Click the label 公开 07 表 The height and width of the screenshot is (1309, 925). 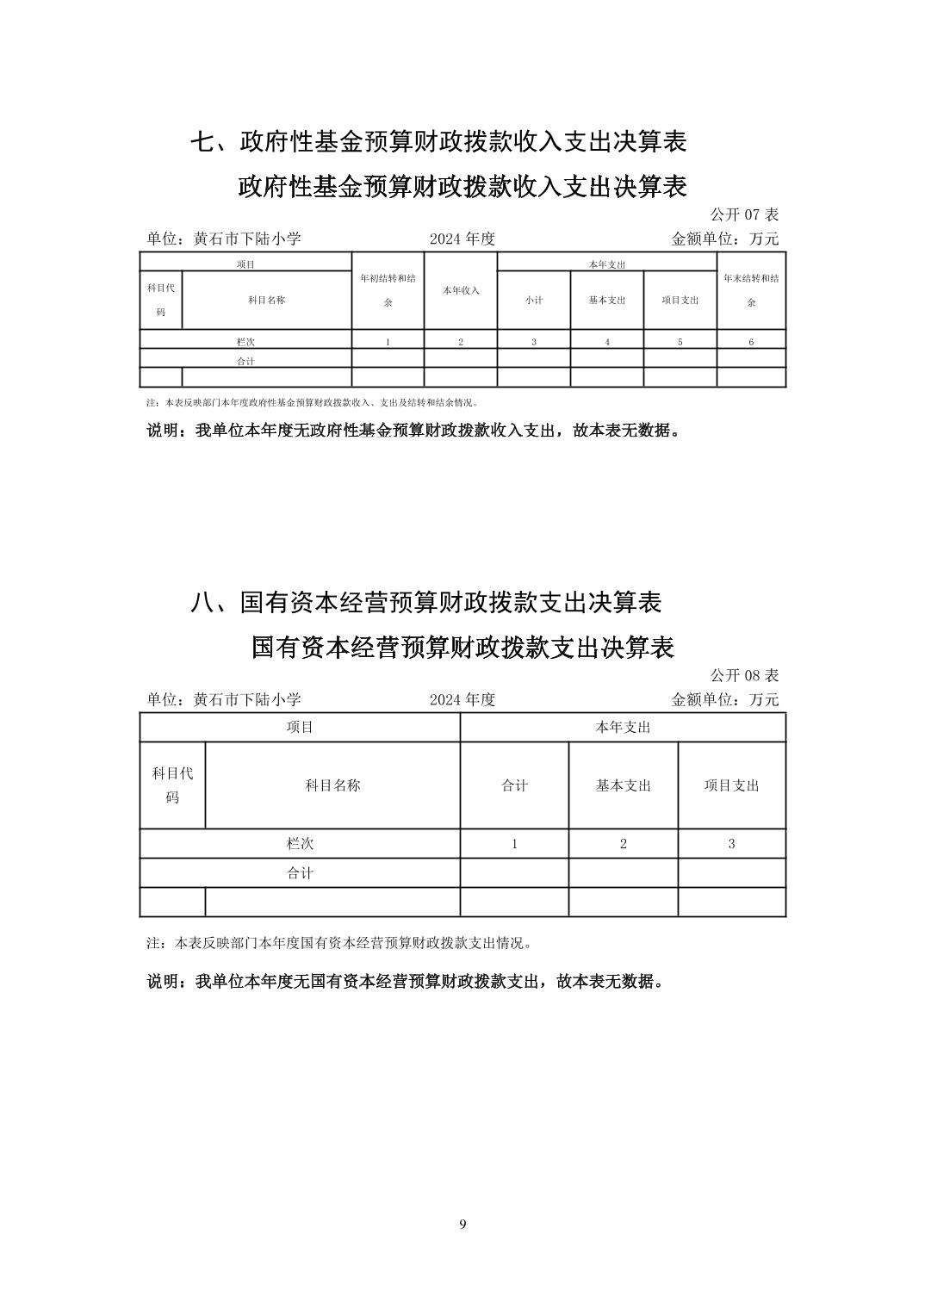point(744,214)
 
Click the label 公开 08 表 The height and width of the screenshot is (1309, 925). point(744,675)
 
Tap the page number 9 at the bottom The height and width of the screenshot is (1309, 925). point(463,1225)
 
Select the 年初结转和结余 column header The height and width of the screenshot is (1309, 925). point(388,290)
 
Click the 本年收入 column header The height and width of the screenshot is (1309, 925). point(461,291)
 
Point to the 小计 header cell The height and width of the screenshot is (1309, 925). point(534,301)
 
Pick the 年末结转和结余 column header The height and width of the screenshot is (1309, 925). point(751,290)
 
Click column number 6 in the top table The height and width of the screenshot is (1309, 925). point(751,342)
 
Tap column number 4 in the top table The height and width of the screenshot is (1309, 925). point(607,342)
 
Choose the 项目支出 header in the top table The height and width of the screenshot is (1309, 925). point(680,301)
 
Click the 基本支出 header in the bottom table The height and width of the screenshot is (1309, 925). point(624,785)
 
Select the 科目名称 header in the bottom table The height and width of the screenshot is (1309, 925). point(332,785)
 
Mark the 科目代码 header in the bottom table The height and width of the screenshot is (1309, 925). point(172,785)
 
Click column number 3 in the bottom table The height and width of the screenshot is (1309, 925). point(732,844)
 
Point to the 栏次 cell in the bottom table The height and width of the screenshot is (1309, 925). point(300,844)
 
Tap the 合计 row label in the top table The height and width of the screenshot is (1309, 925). point(245,362)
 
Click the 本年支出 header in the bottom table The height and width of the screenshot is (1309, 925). point(623,728)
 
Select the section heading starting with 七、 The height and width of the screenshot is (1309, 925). point(438,142)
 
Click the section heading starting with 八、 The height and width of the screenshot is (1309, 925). point(425,603)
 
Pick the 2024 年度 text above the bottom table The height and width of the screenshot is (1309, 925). point(462,699)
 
